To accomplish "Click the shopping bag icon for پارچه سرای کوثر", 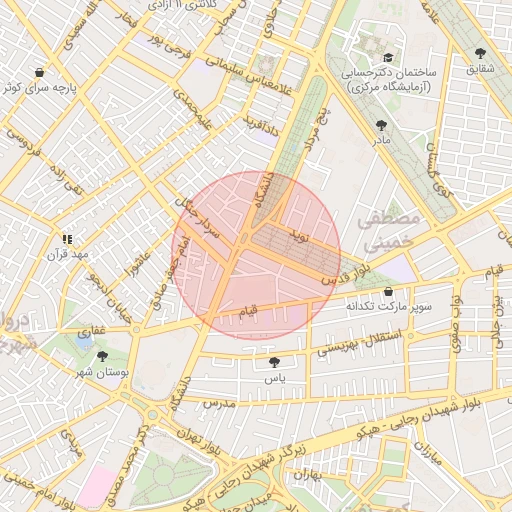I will [x=39, y=73].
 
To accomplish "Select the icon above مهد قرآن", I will [x=67, y=239].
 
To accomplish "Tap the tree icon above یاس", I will [x=275, y=363].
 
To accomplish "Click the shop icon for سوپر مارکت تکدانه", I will [x=388, y=291].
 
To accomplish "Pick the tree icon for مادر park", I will [x=380, y=125].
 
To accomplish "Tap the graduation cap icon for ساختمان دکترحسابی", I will [x=388, y=58].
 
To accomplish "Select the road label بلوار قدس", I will [x=342, y=274].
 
